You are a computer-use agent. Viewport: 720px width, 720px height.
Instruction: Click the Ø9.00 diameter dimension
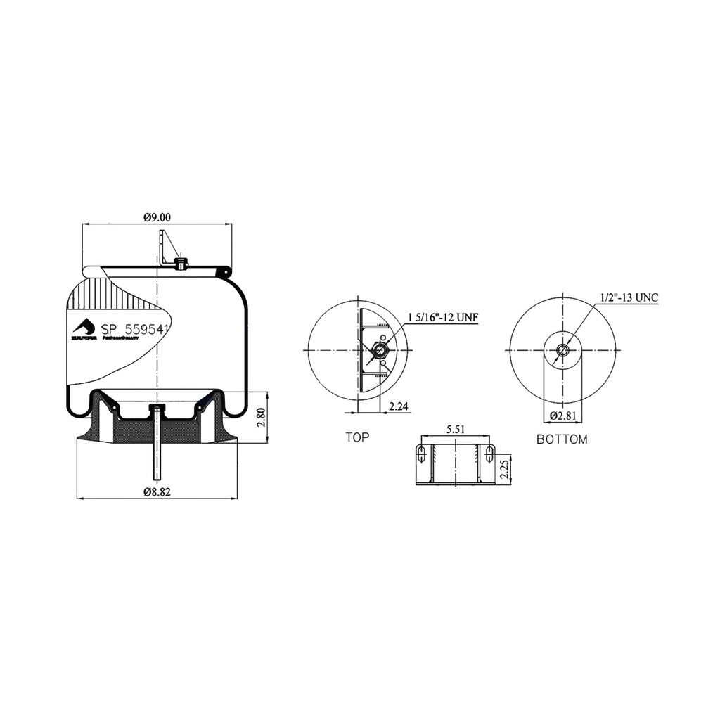(157, 218)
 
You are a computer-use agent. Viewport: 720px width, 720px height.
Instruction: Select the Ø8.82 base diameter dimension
(157, 492)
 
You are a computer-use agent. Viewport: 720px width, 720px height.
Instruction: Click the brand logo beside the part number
(84, 328)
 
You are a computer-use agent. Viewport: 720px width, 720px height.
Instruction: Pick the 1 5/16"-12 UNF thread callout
(442, 318)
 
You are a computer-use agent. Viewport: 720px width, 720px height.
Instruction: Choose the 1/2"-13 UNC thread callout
(629, 297)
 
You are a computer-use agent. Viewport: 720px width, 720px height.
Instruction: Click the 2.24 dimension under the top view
(398, 405)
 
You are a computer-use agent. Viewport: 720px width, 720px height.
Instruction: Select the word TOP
(357, 437)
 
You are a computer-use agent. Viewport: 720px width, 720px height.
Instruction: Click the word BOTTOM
(562, 439)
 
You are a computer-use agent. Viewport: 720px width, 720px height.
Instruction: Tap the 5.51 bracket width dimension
(456, 428)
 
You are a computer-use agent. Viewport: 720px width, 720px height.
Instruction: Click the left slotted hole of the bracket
(420, 454)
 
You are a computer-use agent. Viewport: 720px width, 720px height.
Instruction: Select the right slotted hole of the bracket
(489, 454)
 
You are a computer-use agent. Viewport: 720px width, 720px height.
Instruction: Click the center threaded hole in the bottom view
(562, 350)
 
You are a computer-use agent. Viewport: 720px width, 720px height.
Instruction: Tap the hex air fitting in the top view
(379, 350)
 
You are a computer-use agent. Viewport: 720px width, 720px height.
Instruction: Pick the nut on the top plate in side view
(181, 264)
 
